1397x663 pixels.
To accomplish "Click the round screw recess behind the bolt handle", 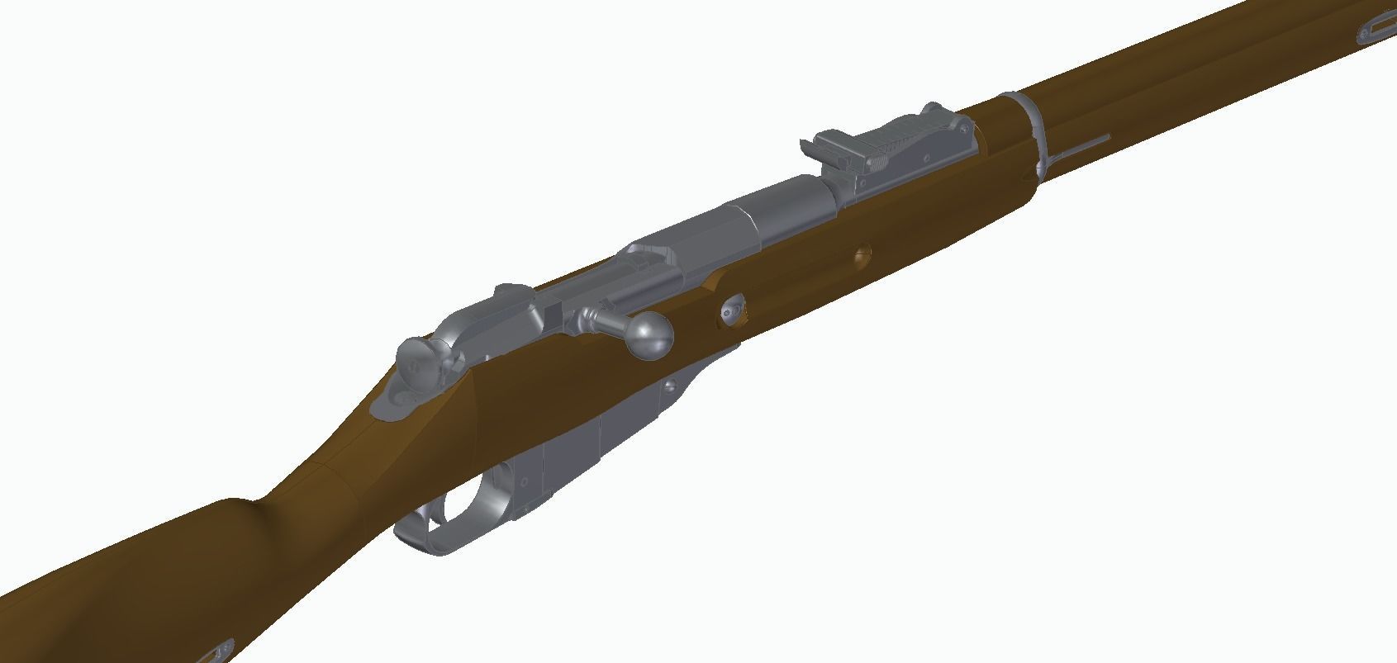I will point(730,310).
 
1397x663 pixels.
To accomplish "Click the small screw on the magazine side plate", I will point(672,383).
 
